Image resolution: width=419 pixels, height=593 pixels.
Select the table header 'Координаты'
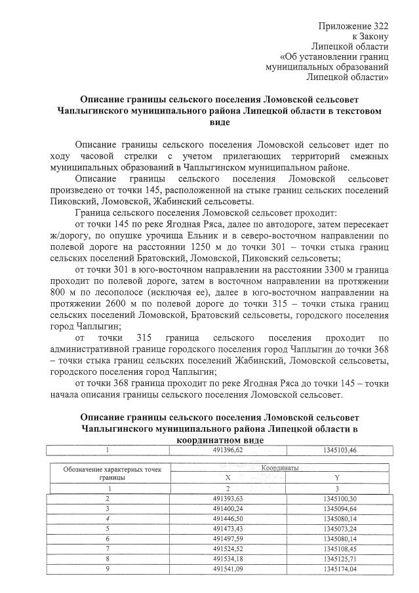click(x=280, y=469)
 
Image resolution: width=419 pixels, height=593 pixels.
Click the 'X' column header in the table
click(x=227, y=478)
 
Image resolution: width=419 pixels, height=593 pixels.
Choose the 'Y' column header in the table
click(x=336, y=478)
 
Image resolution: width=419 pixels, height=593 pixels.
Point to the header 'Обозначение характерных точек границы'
click(x=111, y=473)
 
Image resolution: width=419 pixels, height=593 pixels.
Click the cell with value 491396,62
click(x=227, y=450)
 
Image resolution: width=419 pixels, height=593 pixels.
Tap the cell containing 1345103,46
click(x=336, y=450)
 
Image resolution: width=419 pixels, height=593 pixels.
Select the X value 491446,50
click(x=227, y=518)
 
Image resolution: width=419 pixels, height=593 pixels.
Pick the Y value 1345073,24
click(x=336, y=528)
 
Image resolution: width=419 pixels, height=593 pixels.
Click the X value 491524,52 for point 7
click(x=227, y=548)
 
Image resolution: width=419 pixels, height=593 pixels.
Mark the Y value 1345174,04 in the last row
click(x=336, y=569)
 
